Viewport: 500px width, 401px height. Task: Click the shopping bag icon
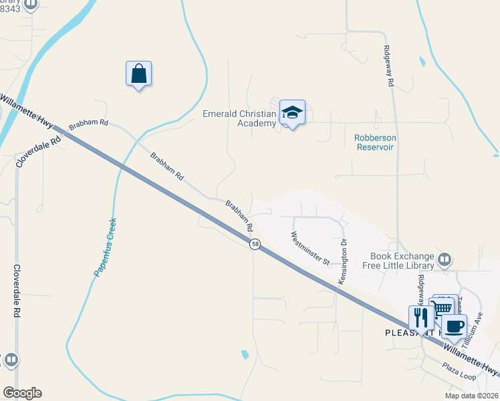point(138,74)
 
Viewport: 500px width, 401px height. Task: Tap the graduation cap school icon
point(292,112)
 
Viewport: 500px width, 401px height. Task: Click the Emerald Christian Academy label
point(239,118)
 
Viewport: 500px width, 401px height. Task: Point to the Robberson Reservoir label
point(374,142)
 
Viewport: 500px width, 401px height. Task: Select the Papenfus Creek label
point(106,247)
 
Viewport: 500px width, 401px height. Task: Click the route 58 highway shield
point(255,245)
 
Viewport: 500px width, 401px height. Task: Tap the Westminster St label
point(311,248)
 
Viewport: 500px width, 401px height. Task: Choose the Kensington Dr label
point(343,262)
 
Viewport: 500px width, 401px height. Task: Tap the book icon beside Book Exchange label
point(445,259)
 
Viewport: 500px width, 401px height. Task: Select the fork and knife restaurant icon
point(421,317)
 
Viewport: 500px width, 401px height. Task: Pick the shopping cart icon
point(443,307)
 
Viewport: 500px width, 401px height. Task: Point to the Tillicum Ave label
point(477,328)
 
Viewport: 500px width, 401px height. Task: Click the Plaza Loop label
point(459,372)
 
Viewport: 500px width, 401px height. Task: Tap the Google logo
point(21,393)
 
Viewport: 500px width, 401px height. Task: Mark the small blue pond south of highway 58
point(245,354)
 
